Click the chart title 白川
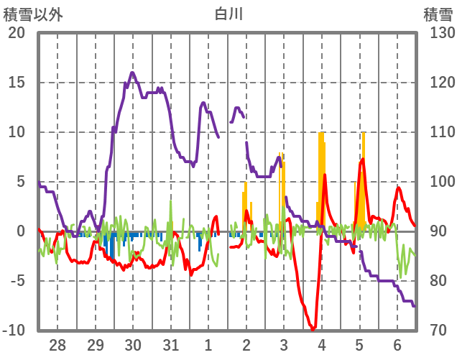(x=228, y=14)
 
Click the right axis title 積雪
(x=438, y=14)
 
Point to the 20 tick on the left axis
(x=16, y=33)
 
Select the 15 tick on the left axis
(x=16, y=83)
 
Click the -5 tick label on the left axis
(x=17, y=281)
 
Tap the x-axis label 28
(x=57, y=345)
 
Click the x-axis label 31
(x=170, y=345)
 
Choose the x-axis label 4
(x=321, y=345)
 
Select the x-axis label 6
(x=397, y=345)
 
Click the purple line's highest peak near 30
(x=132, y=73)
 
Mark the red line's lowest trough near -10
(x=313, y=329)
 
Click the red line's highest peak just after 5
(x=363, y=159)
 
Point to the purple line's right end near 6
(x=414, y=306)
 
